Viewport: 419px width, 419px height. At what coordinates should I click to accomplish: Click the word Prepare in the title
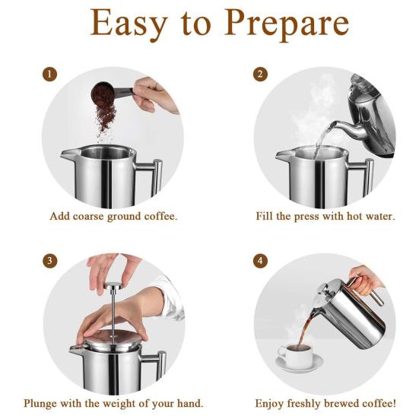coord(287,24)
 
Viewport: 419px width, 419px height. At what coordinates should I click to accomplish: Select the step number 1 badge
coord(49,74)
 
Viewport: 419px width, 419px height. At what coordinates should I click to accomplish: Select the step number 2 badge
coord(260,74)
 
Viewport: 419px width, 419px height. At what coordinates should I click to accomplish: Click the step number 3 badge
coord(49,261)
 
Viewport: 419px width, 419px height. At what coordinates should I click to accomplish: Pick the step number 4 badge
coord(260,261)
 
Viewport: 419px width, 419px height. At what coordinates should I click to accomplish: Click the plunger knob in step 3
coord(113,285)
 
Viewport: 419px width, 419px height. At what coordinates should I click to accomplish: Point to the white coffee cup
coord(295,354)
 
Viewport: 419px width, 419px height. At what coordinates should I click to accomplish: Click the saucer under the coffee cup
coord(300,363)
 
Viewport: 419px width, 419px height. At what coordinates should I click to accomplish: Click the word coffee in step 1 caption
coord(160,216)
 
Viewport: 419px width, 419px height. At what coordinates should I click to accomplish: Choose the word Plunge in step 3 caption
coord(40,403)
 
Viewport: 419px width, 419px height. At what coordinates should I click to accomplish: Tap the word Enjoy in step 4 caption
coord(269,404)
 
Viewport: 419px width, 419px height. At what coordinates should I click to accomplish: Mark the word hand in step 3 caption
coord(190,403)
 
